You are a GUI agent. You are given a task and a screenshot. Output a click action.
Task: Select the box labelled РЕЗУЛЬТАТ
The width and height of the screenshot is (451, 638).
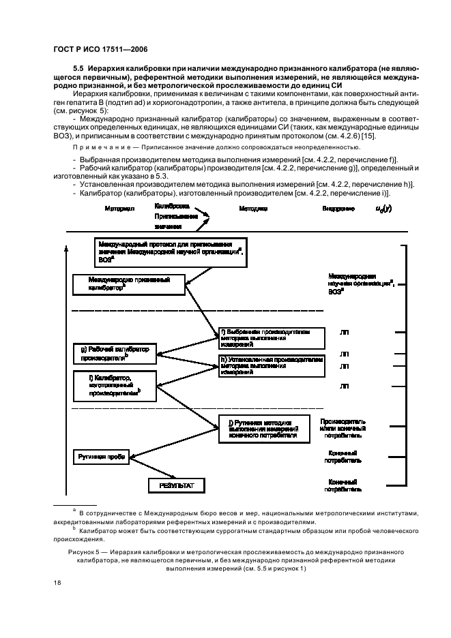pyautogui.click(x=177, y=485)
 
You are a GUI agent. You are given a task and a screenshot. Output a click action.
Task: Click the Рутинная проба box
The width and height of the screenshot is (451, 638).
pyautogui.click(x=100, y=457)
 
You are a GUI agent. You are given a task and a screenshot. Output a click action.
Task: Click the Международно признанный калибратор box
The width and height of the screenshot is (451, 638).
pyautogui.click(x=128, y=284)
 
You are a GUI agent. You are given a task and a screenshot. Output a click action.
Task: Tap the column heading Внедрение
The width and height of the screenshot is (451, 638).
pyautogui.click(x=338, y=208)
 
